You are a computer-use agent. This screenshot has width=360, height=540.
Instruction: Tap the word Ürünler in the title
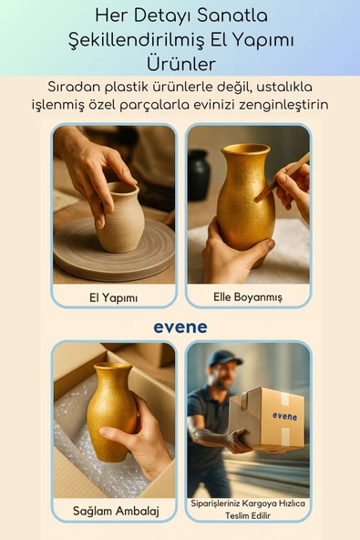pyautogui.click(x=180, y=65)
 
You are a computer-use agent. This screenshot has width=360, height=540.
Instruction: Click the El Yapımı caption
pyautogui.click(x=114, y=296)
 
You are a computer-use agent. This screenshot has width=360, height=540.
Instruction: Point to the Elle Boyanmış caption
pyautogui.click(x=248, y=296)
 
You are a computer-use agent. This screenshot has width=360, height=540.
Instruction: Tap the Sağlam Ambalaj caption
pyautogui.click(x=116, y=511)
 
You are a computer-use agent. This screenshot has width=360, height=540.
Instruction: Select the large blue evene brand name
pyautogui.click(x=180, y=327)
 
